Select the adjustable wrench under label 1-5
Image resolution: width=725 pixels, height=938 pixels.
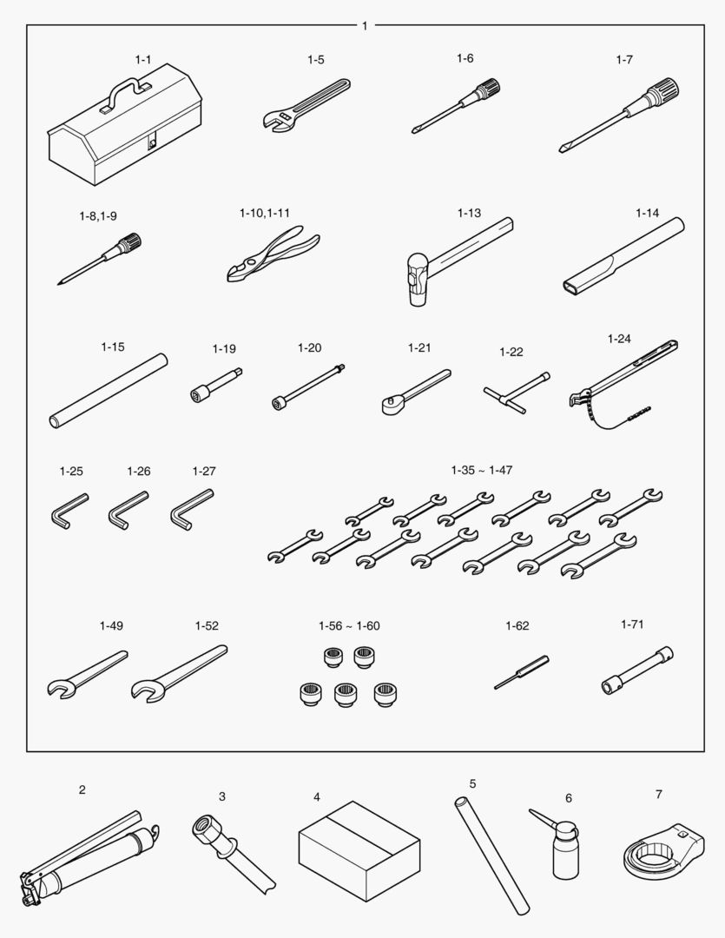click(x=306, y=106)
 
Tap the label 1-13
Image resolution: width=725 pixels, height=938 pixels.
click(x=469, y=213)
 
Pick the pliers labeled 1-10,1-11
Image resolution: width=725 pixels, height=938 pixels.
click(x=273, y=253)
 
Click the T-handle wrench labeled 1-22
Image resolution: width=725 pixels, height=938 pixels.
click(x=516, y=393)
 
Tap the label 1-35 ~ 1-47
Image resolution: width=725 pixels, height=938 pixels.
click(x=482, y=470)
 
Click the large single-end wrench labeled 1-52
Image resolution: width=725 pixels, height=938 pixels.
click(x=179, y=673)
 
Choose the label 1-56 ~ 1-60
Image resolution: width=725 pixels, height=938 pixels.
click(x=349, y=625)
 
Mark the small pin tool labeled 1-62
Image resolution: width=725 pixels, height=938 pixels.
click(x=521, y=672)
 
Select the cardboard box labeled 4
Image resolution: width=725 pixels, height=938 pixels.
click(x=359, y=851)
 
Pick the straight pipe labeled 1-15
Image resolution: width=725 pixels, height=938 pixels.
click(x=109, y=391)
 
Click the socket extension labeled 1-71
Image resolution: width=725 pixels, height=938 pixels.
click(x=637, y=670)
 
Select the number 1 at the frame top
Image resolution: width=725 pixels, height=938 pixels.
click(x=365, y=26)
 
